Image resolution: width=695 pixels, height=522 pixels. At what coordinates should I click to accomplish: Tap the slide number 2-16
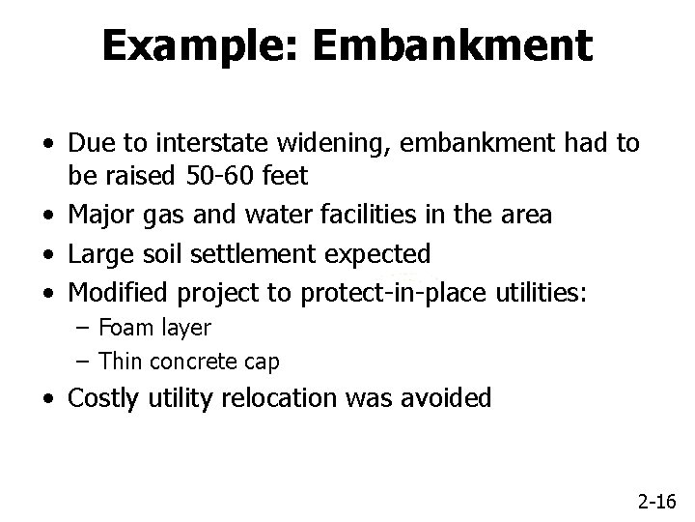coord(657,501)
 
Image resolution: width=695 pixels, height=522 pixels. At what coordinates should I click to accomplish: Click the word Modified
coord(117,293)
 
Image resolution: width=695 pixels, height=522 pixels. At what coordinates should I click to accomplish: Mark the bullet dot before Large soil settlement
coord(48,255)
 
